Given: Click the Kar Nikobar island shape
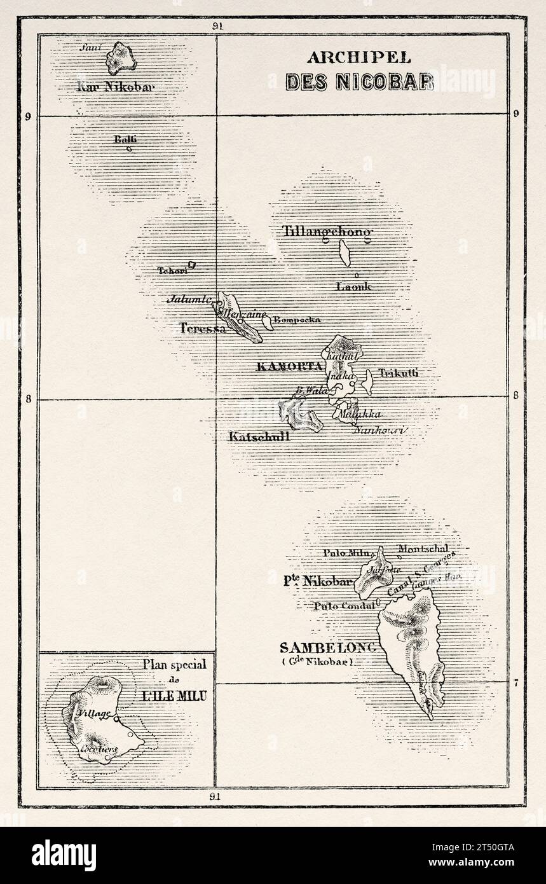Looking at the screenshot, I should (121, 58).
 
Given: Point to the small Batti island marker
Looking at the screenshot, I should (129, 149).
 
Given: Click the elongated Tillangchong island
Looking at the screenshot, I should (345, 252).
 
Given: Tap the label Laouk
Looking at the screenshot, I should (353, 286).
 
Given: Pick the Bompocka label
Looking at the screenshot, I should (297, 320).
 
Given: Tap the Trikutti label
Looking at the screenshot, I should (399, 373).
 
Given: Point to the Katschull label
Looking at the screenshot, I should (259, 436).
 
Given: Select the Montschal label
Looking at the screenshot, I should (423, 548).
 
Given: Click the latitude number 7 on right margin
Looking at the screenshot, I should (516, 684).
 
